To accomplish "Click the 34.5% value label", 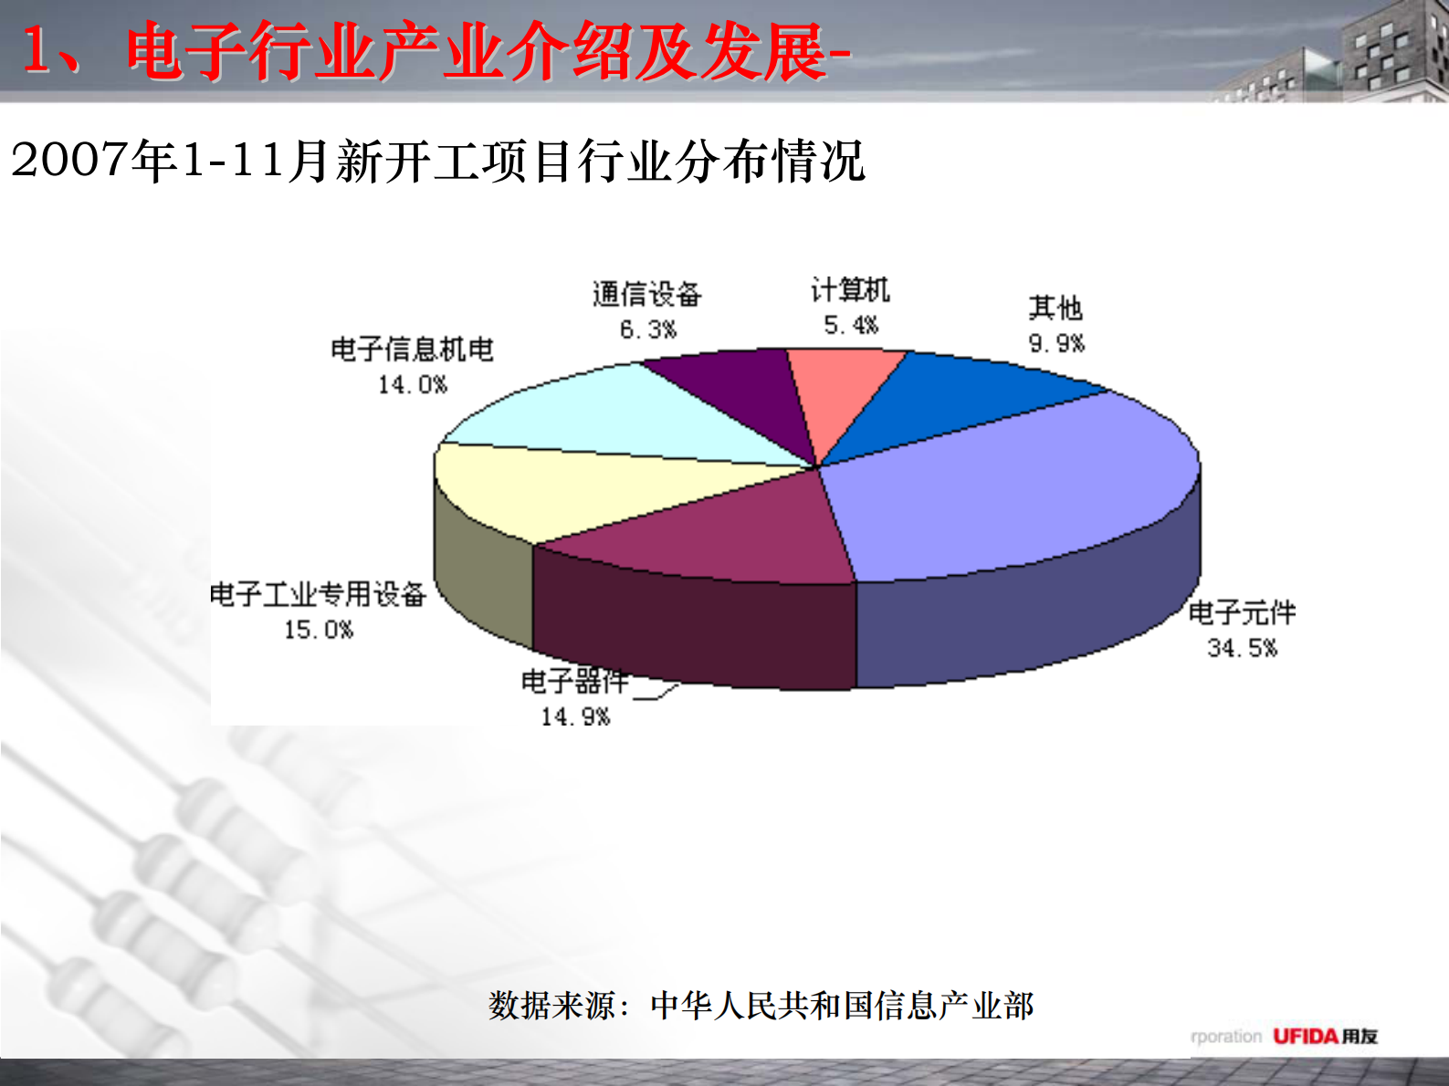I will pos(1242,648).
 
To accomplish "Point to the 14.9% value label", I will pos(575,717).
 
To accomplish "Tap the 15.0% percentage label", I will pos(318,630).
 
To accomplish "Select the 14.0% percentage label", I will pos(413,385).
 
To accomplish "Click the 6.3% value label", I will pos(648,329).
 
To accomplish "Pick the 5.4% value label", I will pos(851,325).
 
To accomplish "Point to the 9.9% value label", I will pos(1056,343).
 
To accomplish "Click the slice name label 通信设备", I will pos(646,294).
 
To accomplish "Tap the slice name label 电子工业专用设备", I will pos(318,595).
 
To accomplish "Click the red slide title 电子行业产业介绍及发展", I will pos(475,52).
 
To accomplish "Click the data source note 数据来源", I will pos(761,1006).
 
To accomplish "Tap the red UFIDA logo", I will pos(1305,1036).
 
